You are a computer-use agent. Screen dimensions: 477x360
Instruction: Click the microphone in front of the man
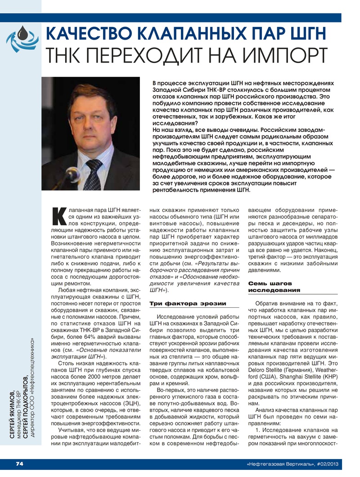pos(72,173)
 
